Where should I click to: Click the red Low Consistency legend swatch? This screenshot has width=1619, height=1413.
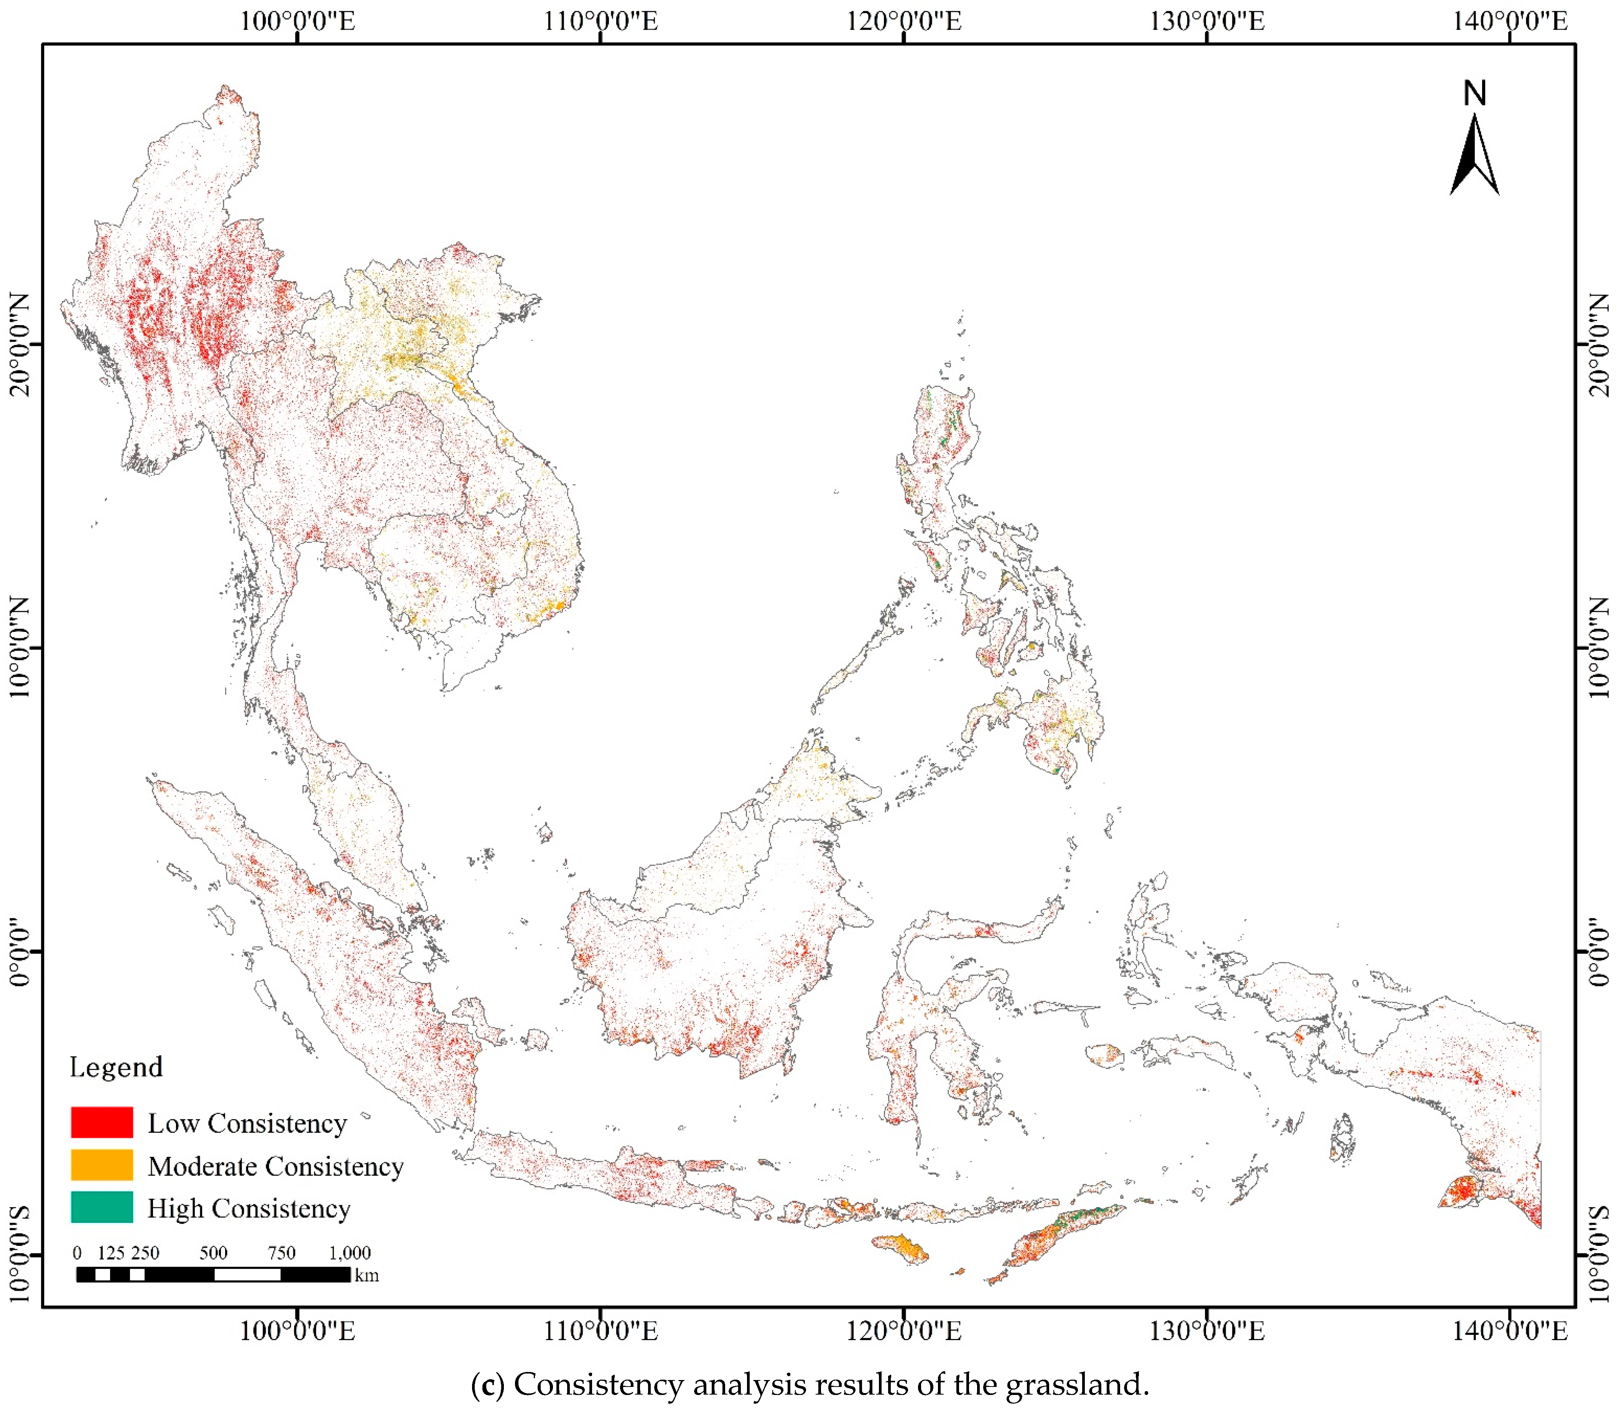point(102,1122)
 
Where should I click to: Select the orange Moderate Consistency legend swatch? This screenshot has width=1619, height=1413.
point(102,1165)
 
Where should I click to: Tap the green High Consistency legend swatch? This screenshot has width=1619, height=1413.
point(102,1207)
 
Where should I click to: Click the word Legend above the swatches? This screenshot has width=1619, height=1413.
point(116,1067)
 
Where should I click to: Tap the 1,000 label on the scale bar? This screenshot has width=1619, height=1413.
point(349,1253)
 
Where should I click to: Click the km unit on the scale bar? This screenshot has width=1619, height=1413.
point(367,1275)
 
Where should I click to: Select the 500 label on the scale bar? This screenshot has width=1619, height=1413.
point(213,1253)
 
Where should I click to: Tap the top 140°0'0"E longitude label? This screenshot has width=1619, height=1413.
point(1510,20)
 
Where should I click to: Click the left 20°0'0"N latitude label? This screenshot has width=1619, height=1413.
point(19,345)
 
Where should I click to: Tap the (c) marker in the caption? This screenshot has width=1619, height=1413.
point(487,1385)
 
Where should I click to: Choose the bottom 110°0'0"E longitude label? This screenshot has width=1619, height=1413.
point(601,1331)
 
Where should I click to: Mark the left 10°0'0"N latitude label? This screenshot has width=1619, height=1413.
point(19,647)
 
